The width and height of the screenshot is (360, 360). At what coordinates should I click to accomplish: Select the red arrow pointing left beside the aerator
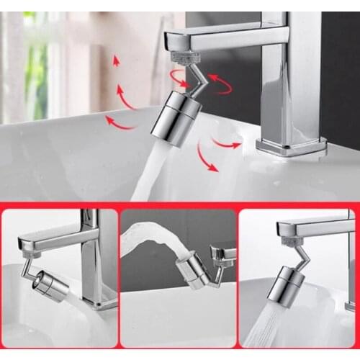121,123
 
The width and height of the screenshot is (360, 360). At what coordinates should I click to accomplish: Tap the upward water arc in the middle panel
148,238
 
